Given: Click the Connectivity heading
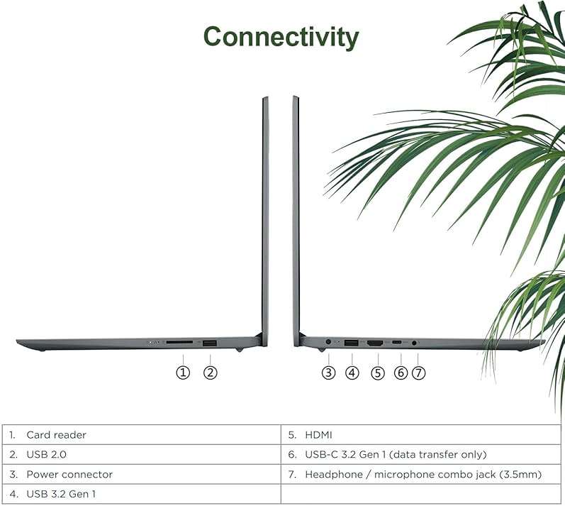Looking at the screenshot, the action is (x=281, y=38).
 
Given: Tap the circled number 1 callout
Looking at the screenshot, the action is (x=183, y=372).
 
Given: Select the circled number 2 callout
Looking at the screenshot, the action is (x=211, y=372).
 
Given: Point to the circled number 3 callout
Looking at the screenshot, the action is (x=328, y=373).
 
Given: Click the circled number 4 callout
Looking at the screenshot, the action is (x=352, y=373).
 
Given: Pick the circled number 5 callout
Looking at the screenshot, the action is (x=378, y=373).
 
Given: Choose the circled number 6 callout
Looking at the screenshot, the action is (x=401, y=373).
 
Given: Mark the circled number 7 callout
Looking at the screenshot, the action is (x=418, y=373).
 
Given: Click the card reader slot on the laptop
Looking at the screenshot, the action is (x=179, y=342).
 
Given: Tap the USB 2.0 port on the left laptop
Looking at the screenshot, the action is (x=210, y=343).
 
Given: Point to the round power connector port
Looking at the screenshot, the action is (x=328, y=341).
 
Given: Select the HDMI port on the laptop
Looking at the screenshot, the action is (x=375, y=343).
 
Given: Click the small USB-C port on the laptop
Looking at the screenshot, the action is (x=397, y=341).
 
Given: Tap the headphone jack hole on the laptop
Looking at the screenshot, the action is (x=414, y=343).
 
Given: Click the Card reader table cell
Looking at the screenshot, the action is (x=142, y=434).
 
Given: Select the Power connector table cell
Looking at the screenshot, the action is (x=142, y=474).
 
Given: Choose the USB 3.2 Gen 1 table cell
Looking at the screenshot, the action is (x=142, y=494).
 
